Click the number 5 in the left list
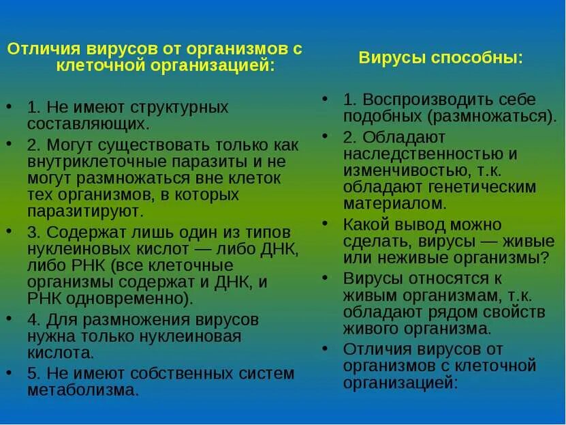(x=32, y=374)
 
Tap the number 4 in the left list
(x=32, y=320)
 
